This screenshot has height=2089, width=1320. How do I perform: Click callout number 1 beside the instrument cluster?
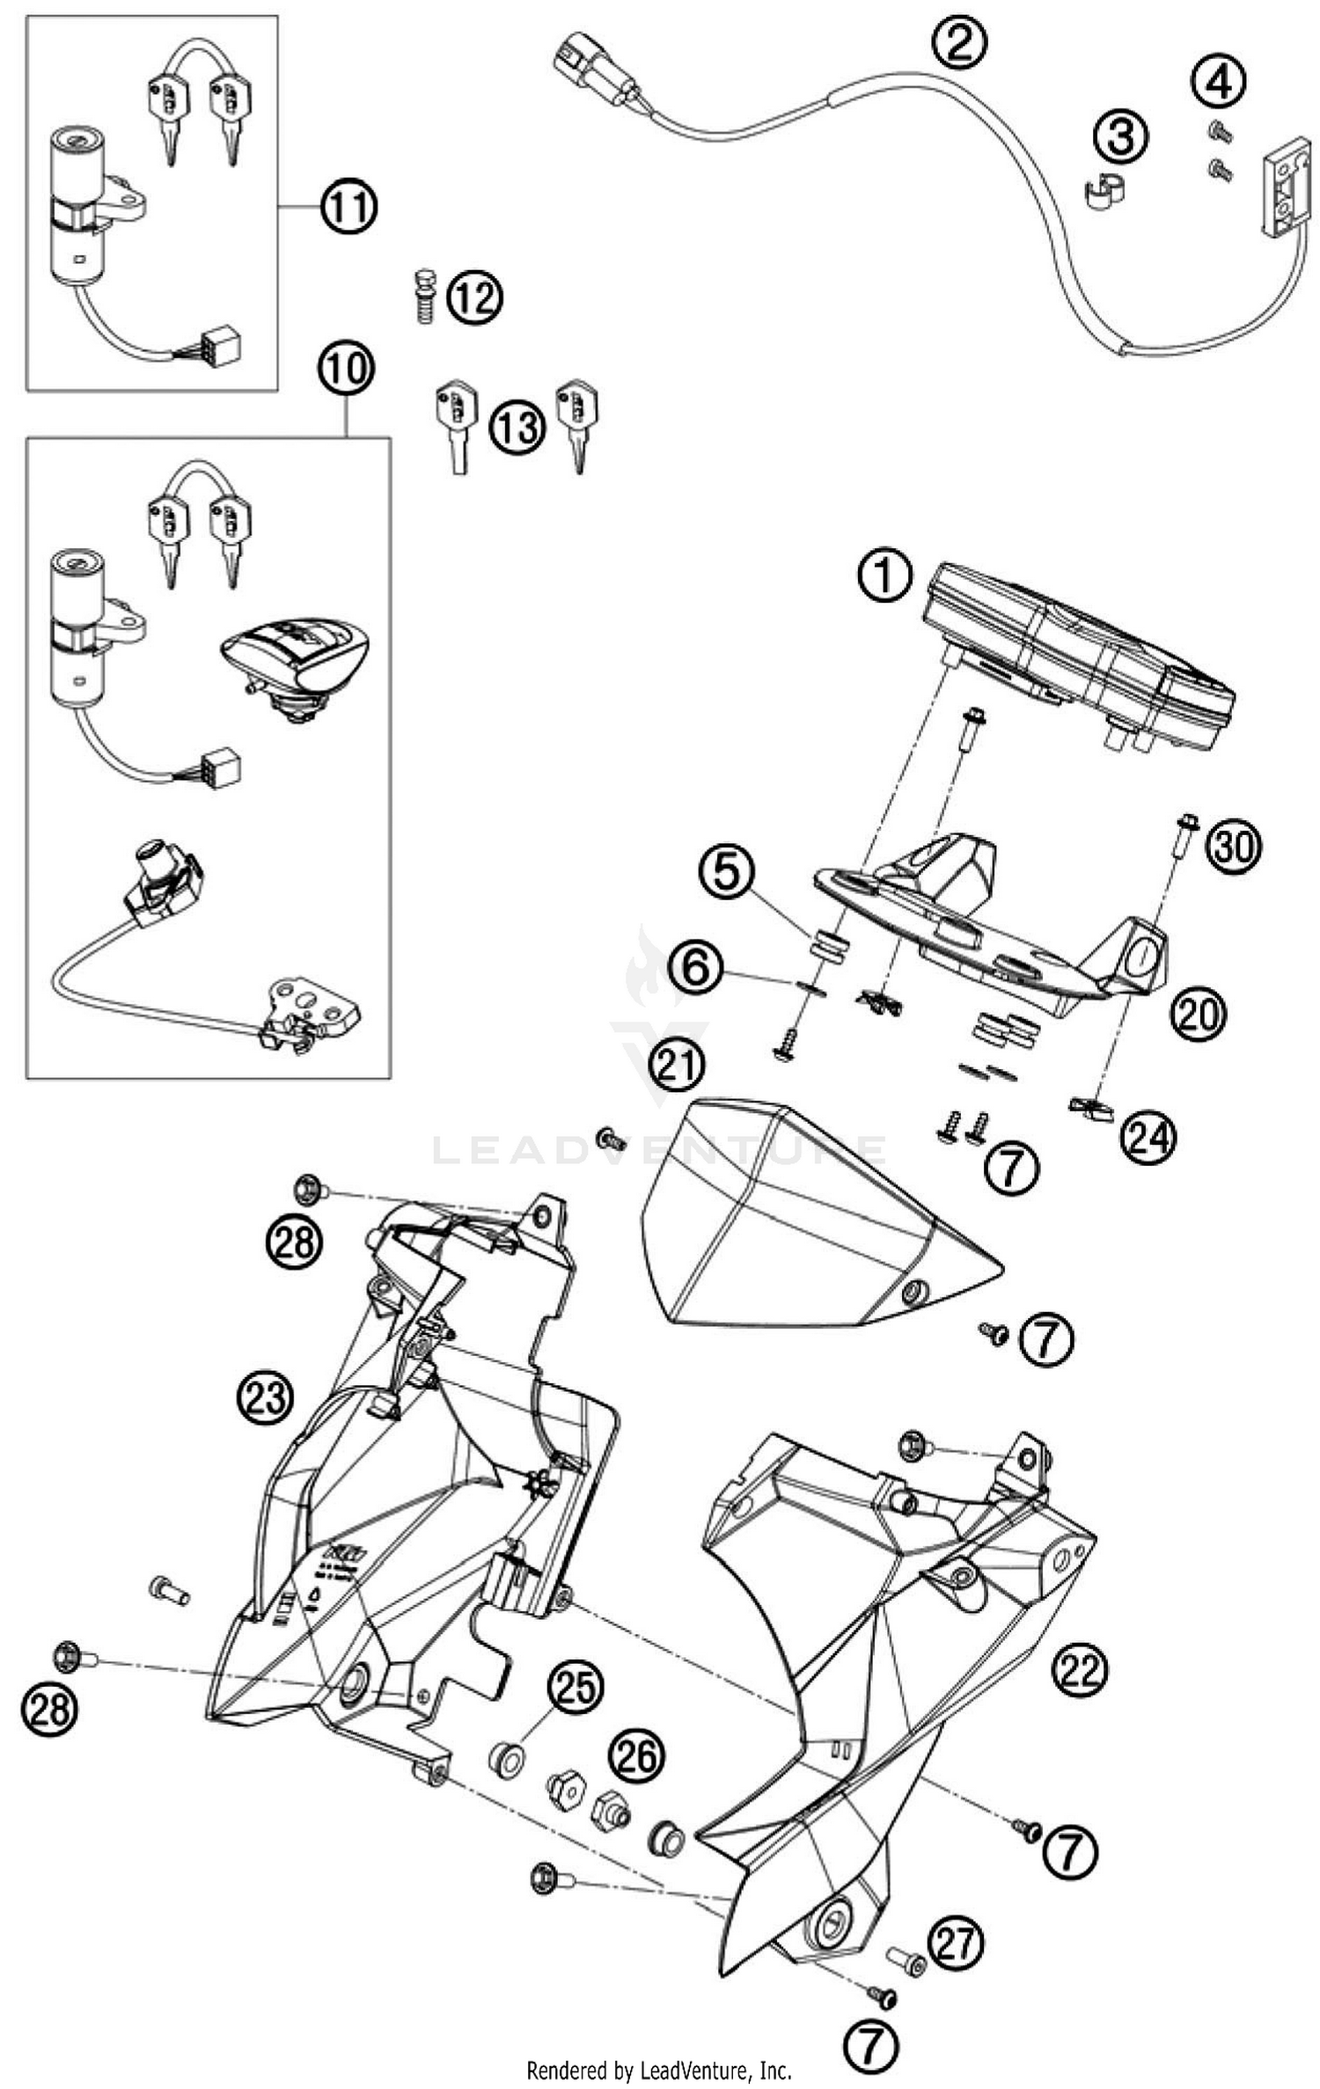pyautogui.click(x=885, y=578)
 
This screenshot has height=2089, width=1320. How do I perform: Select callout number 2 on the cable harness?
pyautogui.click(x=960, y=41)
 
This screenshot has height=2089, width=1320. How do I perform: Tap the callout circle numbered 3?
pyautogui.click(x=1120, y=138)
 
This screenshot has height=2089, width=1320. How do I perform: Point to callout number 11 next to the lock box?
pyautogui.click(x=347, y=208)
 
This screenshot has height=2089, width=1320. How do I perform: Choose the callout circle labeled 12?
pyautogui.click(x=475, y=299)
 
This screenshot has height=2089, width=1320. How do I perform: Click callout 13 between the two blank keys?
pyautogui.click(x=517, y=429)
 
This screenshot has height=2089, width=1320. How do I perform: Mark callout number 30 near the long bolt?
pyautogui.click(x=1233, y=847)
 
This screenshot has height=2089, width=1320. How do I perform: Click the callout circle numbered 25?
pyautogui.click(x=576, y=1689)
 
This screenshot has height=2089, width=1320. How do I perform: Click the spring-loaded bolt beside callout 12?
pyautogui.click(x=424, y=297)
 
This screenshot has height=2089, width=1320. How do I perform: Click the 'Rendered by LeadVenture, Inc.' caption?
pyautogui.click(x=658, y=2070)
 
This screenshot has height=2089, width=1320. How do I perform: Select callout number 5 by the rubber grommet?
pyautogui.click(x=727, y=873)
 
